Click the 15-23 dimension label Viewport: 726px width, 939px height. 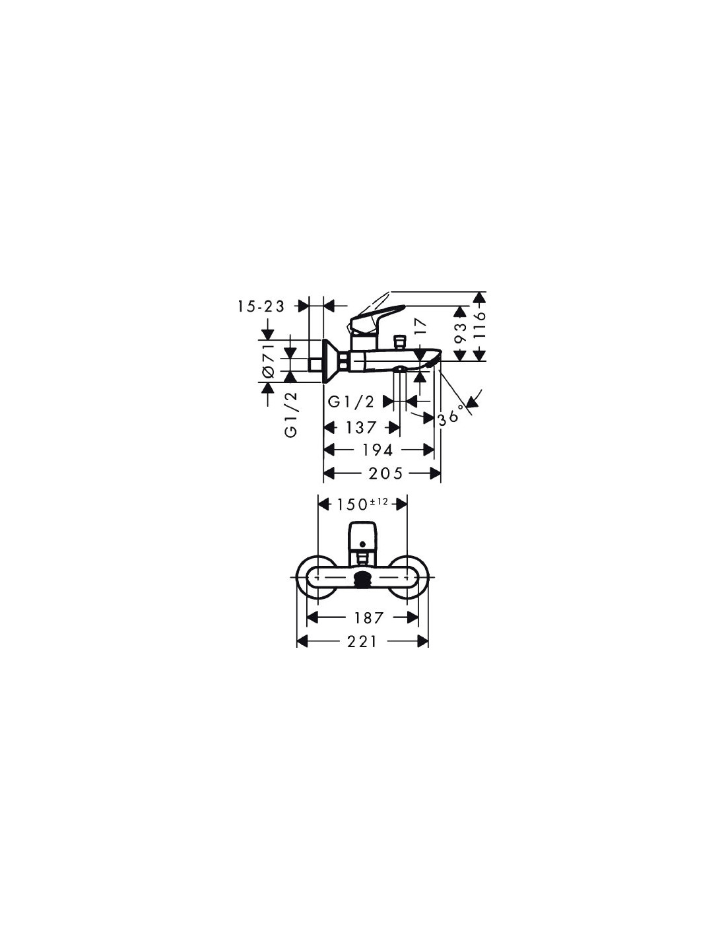tap(261, 306)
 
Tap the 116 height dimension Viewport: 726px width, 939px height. tap(479, 326)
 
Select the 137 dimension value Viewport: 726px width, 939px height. tap(362, 427)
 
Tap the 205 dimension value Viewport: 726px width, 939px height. tap(385, 473)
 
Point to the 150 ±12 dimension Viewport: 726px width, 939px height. tap(362, 503)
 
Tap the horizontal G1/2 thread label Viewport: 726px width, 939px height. tap(351, 402)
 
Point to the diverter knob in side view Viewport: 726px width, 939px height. tap(399, 341)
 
